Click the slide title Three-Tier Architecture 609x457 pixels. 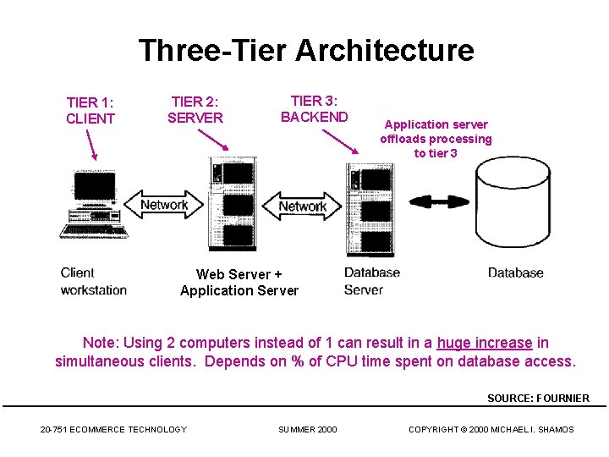point(305,51)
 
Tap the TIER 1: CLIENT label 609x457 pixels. point(90,111)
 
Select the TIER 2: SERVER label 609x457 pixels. point(195,110)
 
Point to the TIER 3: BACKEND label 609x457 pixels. point(314,108)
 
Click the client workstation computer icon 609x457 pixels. point(94,203)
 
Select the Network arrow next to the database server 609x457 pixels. point(302,206)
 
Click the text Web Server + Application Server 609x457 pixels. point(239,283)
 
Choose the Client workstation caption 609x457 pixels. point(94,281)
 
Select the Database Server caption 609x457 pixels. point(371,281)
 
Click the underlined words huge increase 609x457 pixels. point(485,343)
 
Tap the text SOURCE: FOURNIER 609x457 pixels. point(538,398)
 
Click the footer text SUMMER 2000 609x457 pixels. point(307,430)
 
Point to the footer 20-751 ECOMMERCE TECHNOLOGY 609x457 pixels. point(113,430)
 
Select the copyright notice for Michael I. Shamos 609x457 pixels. point(491,430)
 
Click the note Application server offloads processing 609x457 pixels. point(436,139)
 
